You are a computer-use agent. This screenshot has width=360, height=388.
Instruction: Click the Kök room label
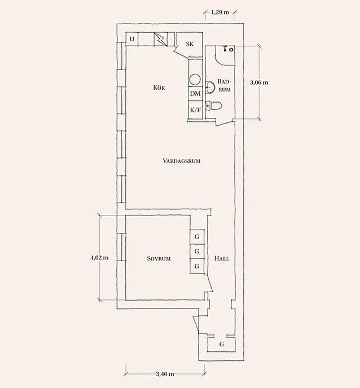[159, 87]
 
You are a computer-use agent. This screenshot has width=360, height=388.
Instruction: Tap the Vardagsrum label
[182, 161]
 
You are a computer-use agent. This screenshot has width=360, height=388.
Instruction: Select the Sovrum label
[159, 259]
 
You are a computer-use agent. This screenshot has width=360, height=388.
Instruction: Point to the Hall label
[222, 259]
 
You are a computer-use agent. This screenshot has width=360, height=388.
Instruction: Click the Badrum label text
[225, 85]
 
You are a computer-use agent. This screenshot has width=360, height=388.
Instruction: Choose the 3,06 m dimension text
[259, 82]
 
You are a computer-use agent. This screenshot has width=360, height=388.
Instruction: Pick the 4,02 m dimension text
[99, 258]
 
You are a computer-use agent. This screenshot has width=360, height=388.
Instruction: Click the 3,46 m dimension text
[165, 374]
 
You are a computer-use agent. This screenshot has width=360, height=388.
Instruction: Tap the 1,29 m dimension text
[220, 12]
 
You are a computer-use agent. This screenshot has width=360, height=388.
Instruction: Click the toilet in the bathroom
[214, 105]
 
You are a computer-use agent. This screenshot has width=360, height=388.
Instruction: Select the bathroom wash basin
[210, 87]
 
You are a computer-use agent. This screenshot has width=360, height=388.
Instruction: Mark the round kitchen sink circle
[195, 79]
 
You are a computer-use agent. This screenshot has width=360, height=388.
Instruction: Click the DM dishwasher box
[195, 94]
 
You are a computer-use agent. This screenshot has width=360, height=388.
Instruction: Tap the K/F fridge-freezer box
[195, 109]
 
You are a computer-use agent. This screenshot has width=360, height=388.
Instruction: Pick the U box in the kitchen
[132, 39]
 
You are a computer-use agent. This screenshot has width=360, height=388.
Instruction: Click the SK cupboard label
[190, 44]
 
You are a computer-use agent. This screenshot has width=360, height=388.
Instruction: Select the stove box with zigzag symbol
[161, 39]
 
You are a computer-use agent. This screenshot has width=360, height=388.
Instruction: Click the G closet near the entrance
[221, 344]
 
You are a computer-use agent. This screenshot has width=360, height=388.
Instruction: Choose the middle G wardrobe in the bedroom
[197, 252]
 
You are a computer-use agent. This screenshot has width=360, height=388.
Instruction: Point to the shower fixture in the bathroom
[229, 48]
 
